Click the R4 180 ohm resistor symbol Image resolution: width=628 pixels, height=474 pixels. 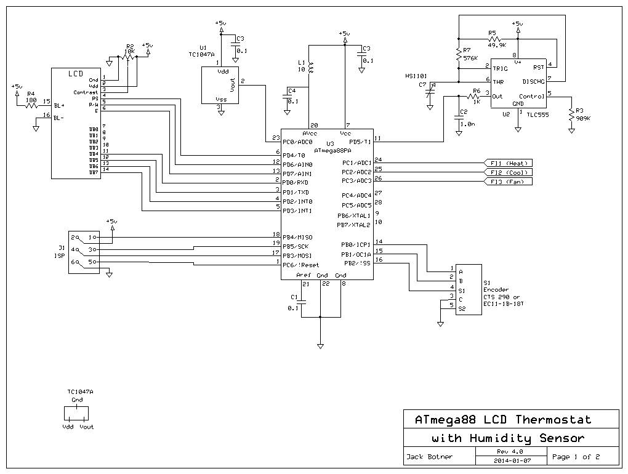pos(31,105)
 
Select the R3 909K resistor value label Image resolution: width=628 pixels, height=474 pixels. pos(583,118)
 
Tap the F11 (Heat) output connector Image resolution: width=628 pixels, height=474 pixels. pos(509,163)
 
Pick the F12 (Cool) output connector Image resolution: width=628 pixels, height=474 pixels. pos(509,172)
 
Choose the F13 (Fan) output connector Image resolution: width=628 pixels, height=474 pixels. pos(509,182)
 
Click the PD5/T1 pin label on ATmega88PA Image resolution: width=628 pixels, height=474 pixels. pos(360,142)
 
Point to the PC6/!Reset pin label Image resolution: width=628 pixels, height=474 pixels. pos(301,265)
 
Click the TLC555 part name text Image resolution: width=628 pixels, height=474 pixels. pos(537,114)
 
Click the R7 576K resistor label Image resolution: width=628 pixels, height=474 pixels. pos(470,54)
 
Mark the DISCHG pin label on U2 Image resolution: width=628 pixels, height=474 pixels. pos(533,81)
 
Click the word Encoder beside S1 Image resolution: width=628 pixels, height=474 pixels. pos(496,289)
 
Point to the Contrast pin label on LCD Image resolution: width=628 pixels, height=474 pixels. pos(86,92)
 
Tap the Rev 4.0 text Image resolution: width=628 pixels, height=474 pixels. pos(510,451)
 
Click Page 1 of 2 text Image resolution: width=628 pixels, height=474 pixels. pos(576,457)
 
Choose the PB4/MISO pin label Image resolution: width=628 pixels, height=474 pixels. pos(297,237)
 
